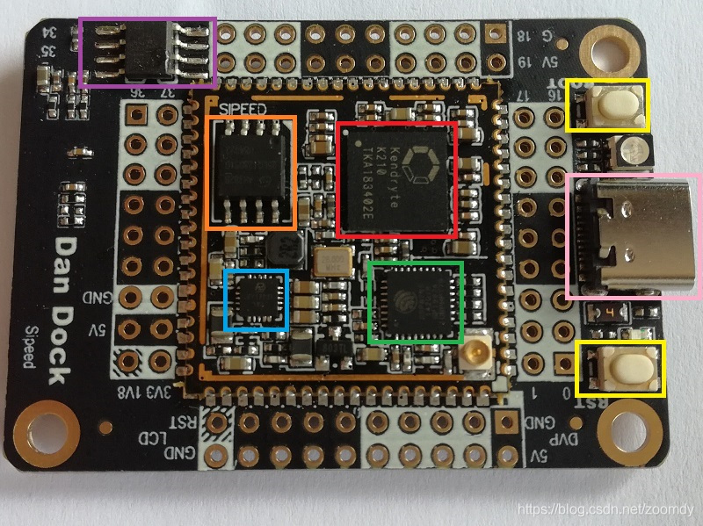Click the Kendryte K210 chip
(396, 178)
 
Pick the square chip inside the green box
(416, 302)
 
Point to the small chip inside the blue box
(256, 299)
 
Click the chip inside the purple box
(148, 51)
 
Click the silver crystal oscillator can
(335, 261)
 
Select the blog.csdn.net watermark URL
(605, 509)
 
